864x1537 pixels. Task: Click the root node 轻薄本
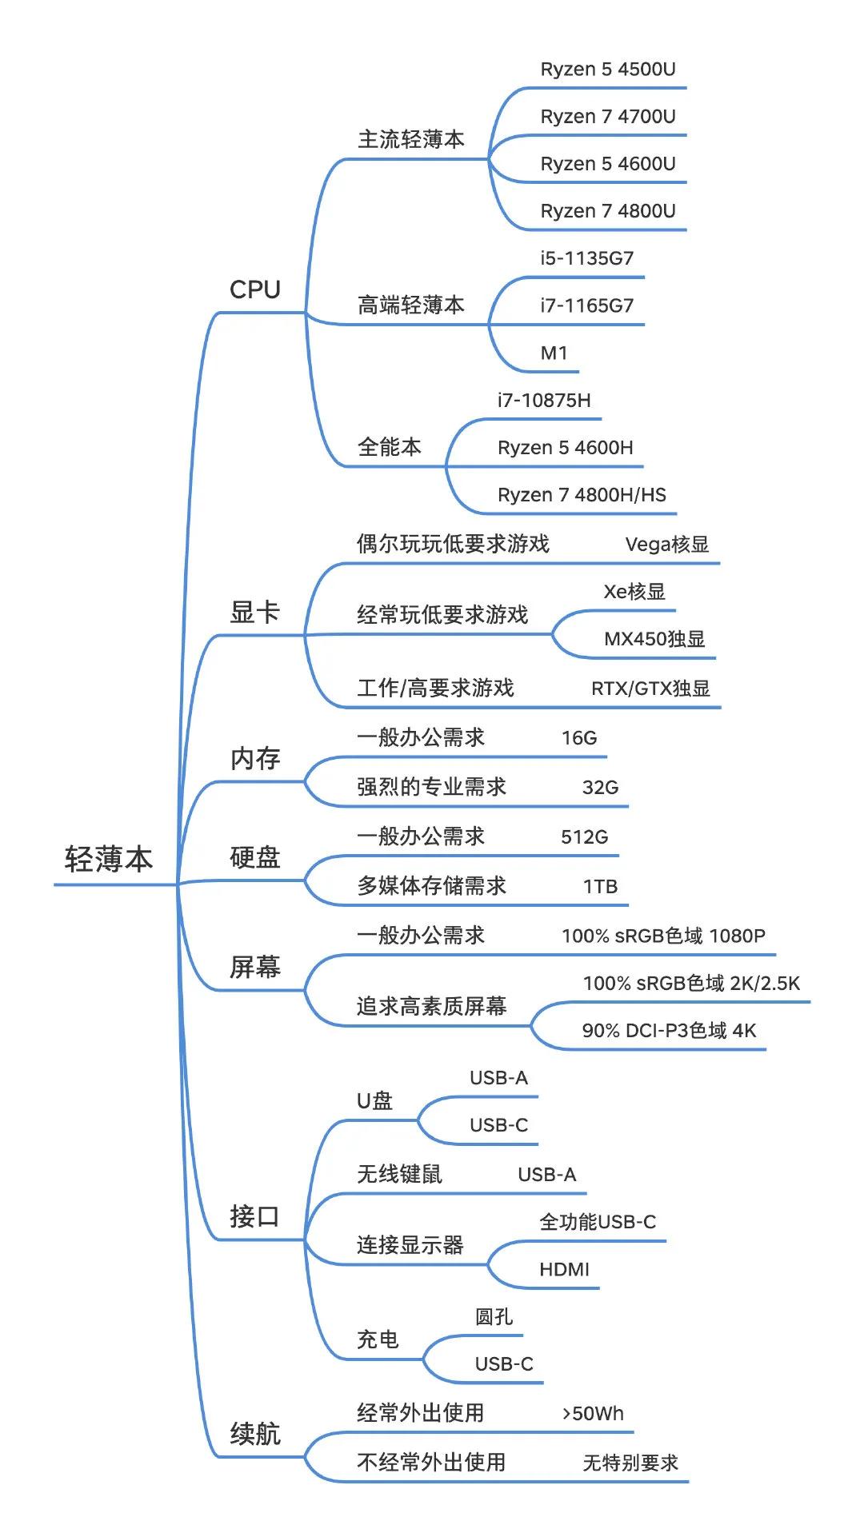(x=109, y=860)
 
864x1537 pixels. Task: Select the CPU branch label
(x=254, y=289)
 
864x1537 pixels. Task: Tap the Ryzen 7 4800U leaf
(x=607, y=211)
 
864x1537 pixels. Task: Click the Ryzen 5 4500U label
(x=607, y=70)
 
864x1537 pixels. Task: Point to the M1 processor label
(x=554, y=353)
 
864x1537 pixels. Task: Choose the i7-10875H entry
(x=544, y=400)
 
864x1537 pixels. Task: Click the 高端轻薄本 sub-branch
(x=410, y=305)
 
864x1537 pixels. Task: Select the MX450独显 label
(x=654, y=639)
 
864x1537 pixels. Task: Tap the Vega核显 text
(x=666, y=545)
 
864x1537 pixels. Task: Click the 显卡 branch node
(x=254, y=613)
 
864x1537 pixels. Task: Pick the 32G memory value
(x=600, y=787)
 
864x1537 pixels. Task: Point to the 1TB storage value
(x=600, y=886)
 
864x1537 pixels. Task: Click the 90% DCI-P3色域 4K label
(x=669, y=1031)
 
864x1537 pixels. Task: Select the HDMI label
(x=564, y=1269)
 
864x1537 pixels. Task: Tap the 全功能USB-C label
(x=598, y=1222)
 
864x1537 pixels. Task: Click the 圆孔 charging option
(x=494, y=1316)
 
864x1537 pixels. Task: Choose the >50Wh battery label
(x=593, y=1413)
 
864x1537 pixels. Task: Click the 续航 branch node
(x=254, y=1434)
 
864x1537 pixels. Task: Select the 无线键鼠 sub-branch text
(x=399, y=1174)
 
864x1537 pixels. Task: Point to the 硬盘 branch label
(x=254, y=858)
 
